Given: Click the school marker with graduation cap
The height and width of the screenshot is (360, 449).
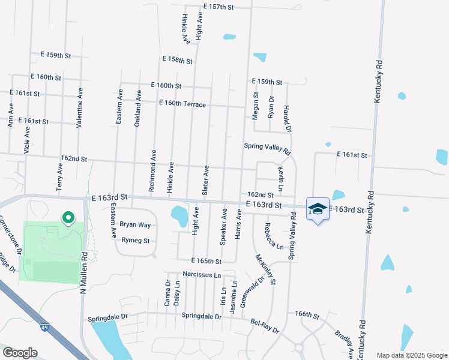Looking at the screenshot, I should [x=318, y=209].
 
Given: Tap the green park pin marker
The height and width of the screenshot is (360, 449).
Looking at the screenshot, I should [x=68, y=217].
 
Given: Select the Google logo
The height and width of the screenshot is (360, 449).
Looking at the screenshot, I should [x=19, y=353].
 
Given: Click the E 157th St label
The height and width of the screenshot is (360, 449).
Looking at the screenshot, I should [x=218, y=7].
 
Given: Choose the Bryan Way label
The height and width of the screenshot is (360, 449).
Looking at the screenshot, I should [x=135, y=225].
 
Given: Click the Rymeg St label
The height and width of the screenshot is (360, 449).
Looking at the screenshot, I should [x=135, y=241].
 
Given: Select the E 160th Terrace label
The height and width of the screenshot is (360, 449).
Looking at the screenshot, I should [x=182, y=104].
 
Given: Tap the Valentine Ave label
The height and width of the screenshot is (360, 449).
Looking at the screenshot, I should [x=79, y=107].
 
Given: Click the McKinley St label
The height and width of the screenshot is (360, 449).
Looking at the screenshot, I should [x=265, y=269].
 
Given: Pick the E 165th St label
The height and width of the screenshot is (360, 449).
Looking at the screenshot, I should [x=206, y=261].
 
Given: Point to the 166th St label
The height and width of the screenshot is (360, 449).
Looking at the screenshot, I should [x=306, y=314].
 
